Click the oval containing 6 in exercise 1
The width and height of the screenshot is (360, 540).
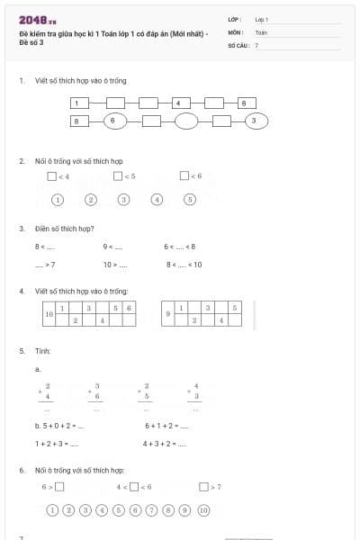(112, 120)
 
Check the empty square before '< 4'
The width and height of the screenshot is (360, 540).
(53, 175)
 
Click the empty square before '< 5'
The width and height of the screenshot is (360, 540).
(118, 175)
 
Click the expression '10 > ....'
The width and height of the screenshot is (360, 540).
(115, 265)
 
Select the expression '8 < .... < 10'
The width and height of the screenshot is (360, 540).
(184, 265)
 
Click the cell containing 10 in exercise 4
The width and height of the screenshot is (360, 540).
(49, 314)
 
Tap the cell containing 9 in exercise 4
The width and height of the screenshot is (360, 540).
(168, 314)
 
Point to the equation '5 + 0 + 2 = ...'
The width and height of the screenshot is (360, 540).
(59, 426)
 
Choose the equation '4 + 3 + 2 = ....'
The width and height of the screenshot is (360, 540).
(165, 443)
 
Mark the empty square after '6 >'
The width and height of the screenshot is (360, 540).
(59, 487)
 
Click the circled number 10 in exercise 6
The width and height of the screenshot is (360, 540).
(203, 509)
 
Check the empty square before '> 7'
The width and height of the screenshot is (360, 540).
(203, 487)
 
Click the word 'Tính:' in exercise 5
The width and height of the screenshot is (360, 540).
(43, 351)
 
